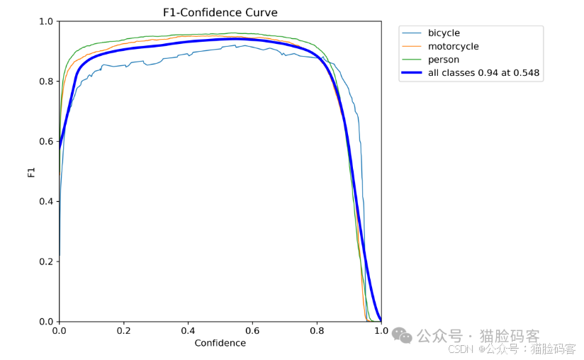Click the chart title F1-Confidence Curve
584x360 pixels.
tap(220, 13)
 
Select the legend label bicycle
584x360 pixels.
tap(444, 33)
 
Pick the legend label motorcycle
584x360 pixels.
tap(454, 47)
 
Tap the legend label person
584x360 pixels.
tap(443, 60)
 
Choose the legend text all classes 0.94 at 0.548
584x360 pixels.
tap(483, 72)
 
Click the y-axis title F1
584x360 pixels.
tap(31, 172)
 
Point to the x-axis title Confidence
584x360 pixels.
tap(220, 343)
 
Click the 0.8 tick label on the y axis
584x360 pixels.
tap(46, 81)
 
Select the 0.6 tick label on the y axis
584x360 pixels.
tap(46, 142)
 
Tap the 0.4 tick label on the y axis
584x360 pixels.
tap(46, 201)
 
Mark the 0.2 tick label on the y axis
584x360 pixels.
tap(46, 261)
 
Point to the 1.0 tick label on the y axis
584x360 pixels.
tap(46, 21)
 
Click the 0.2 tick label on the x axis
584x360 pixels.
tap(123, 330)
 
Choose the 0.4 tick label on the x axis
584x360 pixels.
tap(188, 330)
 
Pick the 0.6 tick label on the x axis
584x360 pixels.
tap(252, 330)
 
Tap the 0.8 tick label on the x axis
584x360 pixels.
tap(317, 330)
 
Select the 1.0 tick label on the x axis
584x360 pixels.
tap(381, 330)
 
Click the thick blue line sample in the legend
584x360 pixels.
tap(412, 72)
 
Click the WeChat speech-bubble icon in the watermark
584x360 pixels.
tap(402, 336)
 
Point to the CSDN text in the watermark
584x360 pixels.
tap(461, 349)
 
